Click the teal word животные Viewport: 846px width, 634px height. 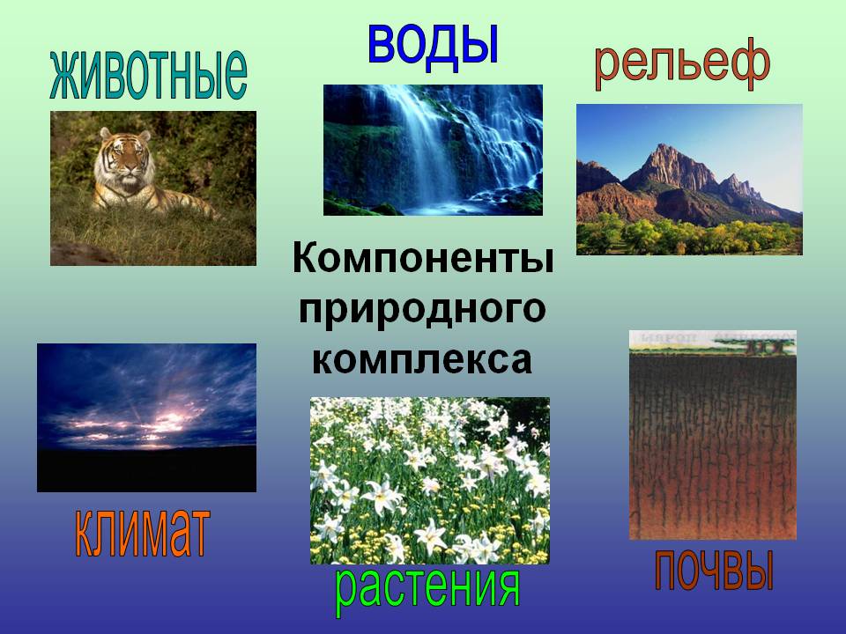148,76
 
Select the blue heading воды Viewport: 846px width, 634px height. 433,44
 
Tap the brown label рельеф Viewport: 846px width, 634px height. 682,67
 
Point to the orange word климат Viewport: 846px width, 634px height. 142,533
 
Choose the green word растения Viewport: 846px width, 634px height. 427,590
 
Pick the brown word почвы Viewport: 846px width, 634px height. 715,570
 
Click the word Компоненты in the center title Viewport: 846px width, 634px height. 423,258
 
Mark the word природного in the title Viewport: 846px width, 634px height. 422,311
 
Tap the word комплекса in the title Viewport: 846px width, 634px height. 422,360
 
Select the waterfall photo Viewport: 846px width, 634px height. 433,150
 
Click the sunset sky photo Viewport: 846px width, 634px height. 147,417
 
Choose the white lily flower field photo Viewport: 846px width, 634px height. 430,481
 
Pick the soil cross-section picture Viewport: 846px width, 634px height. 713,435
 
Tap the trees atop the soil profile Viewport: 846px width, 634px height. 760,344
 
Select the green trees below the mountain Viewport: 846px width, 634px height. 689,233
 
